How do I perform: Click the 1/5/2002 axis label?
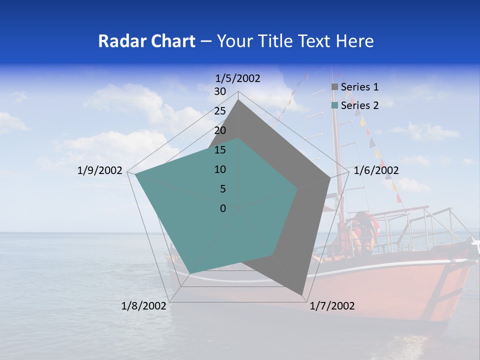tap(237, 78)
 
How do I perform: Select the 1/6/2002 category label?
tap(376, 170)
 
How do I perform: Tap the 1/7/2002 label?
tap(332, 306)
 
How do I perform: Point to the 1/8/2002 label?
tap(143, 306)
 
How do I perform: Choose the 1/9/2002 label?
tap(100, 170)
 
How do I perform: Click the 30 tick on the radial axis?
tap(220, 91)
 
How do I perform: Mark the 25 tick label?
tap(220, 111)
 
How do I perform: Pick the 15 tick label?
tap(220, 150)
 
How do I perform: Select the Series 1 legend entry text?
tap(359, 87)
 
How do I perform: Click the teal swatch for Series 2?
tap(335, 105)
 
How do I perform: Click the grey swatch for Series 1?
tap(335, 87)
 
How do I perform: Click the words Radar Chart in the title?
tap(146, 41)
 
